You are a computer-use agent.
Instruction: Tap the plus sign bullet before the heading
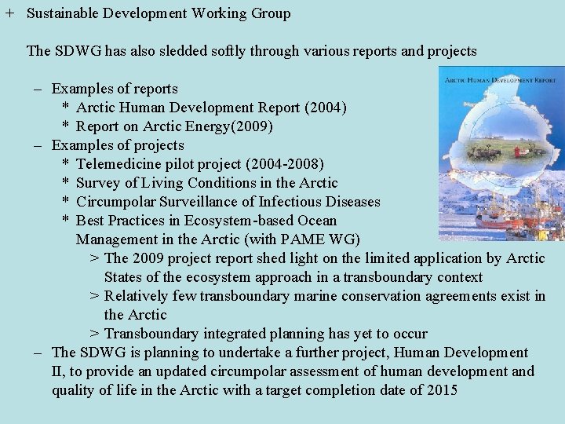(x=9, y=13)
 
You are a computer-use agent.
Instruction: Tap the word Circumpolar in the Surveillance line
(x=116, y=202)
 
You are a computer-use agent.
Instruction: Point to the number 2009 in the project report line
(x=149, y=258)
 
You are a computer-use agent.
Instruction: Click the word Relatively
(x=135, y=296)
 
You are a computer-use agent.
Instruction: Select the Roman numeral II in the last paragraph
(x=57, y=371)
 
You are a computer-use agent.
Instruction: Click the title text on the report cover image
(x=499, y=79)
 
